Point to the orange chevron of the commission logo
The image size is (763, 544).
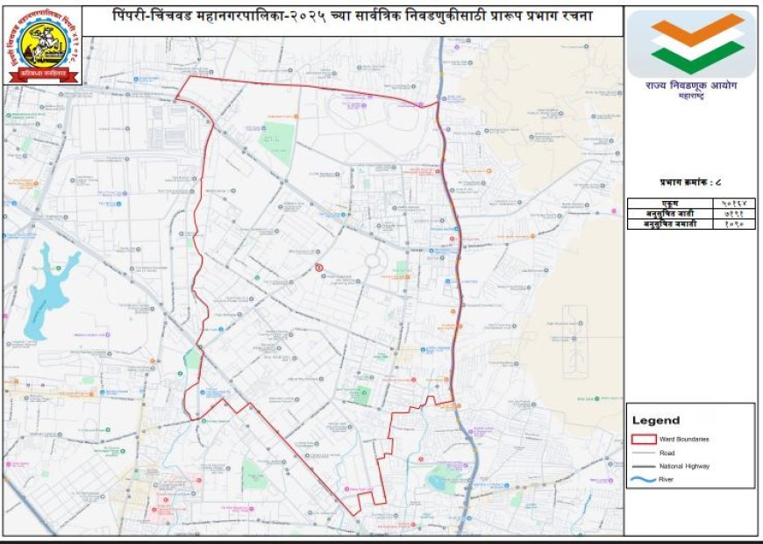pos(697,28)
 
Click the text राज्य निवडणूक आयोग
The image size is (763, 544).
pos(693,86)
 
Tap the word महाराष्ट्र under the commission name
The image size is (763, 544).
pos(693,98)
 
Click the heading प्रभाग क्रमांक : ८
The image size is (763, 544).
pos(691,183)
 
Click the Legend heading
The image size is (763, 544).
pos(656,421)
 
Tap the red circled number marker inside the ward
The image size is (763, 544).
pos(319,267)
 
